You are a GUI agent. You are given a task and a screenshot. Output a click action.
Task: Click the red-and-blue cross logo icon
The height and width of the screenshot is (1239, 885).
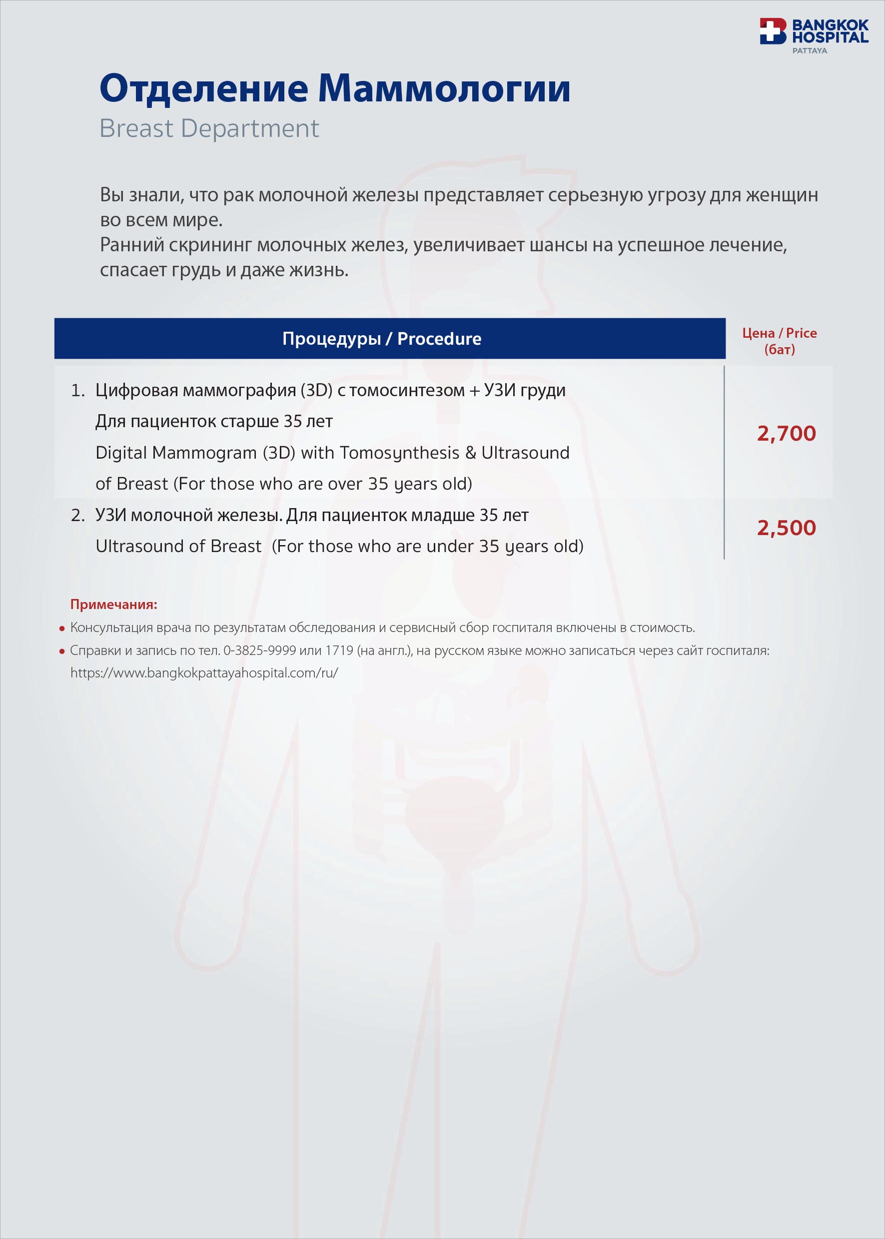click(773, 31)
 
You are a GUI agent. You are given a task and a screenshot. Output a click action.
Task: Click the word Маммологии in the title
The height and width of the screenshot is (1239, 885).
click(444, 88)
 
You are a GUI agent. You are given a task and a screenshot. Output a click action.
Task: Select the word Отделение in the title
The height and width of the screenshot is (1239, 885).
click(204, 88)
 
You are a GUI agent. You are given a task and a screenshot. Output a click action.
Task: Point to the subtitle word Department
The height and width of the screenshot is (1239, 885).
click(249, 128)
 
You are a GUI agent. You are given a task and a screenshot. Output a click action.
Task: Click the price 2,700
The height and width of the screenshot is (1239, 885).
click(786, 433)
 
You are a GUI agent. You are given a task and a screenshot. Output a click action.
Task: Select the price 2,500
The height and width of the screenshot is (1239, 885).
click(786, 528)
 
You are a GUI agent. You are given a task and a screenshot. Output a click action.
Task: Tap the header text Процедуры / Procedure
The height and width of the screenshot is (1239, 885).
click(381, 338)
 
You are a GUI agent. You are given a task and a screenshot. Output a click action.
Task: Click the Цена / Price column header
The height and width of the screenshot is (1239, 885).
click(779, 333)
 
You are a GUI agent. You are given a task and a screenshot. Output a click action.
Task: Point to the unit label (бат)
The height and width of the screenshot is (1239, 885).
click(779, 349)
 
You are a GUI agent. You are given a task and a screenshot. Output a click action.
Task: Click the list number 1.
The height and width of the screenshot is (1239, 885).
click(77, 390)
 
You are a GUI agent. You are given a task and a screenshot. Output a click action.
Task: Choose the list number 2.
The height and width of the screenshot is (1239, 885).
click(77, 515)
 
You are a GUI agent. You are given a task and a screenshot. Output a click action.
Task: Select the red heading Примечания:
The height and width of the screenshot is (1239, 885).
click(113, 604)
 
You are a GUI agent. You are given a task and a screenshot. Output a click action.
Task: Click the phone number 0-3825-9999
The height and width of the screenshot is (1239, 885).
click(260, 650)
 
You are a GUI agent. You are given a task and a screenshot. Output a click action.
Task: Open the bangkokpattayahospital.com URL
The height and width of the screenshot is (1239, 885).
click(204, 673)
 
